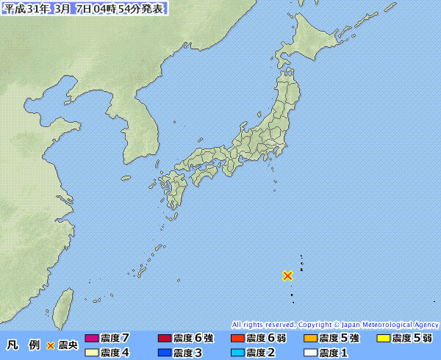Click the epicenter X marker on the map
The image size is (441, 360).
pos(288,276)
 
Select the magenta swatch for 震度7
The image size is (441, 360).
pos(92,339)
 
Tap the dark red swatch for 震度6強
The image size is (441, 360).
pos(165,339)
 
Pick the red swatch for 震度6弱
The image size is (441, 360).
pos(237,339)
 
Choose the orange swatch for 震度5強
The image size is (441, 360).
pos(310,339)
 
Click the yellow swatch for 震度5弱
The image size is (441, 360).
pos(383,339)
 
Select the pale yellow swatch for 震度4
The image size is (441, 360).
pos(92,353)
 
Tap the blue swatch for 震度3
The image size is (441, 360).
pos(165,353)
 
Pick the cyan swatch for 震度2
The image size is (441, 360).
pos(237,353)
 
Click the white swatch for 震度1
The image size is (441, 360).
pos(310,353)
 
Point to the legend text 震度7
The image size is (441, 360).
pos(116,339)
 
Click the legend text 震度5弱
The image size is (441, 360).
pos(412,339)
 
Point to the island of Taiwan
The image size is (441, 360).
pos(65,304)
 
